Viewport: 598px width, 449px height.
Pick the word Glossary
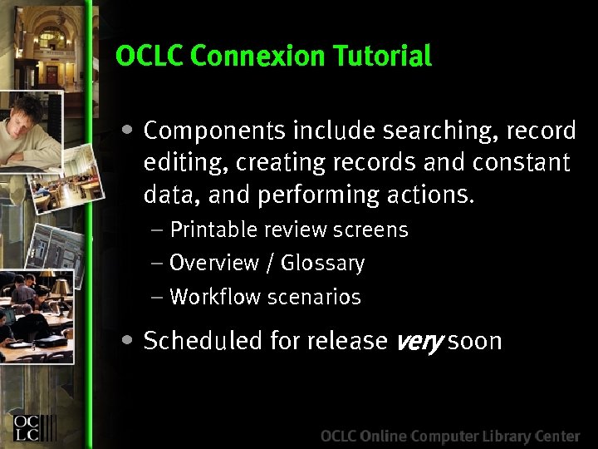[x=322, y=264]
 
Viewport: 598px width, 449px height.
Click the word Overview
[x=214, y=264]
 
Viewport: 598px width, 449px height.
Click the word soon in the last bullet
[x=474, y=341]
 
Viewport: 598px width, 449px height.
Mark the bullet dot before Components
[x=125, y=130]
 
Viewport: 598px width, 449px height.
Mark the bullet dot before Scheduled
[x=125, y=339]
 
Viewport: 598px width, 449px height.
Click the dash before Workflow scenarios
[x=157, y=297]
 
